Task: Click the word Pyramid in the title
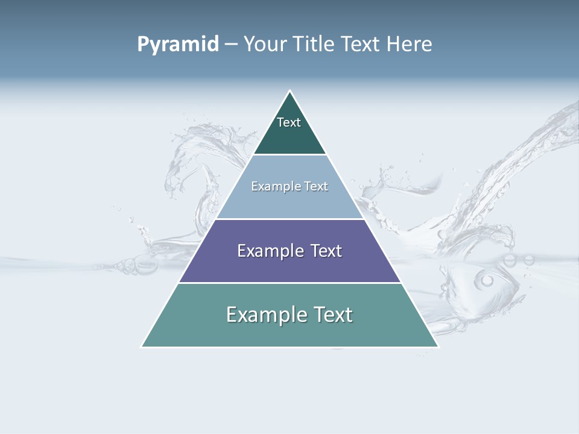click(178, 45)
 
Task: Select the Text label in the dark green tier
click(289, 122)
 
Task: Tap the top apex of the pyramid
click(290, 91)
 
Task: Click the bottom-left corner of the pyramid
click(142, 347)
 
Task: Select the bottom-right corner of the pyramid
click(438, 347)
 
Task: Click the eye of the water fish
click(486, 280)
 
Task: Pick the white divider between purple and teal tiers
click(289, 283)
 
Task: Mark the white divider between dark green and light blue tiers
click(289, 155)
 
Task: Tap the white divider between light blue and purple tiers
click(289, 219)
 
